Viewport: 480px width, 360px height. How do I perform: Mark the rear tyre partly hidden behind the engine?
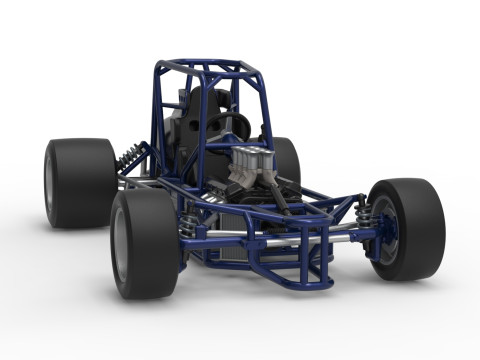287,160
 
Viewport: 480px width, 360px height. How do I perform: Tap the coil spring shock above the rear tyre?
129,157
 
